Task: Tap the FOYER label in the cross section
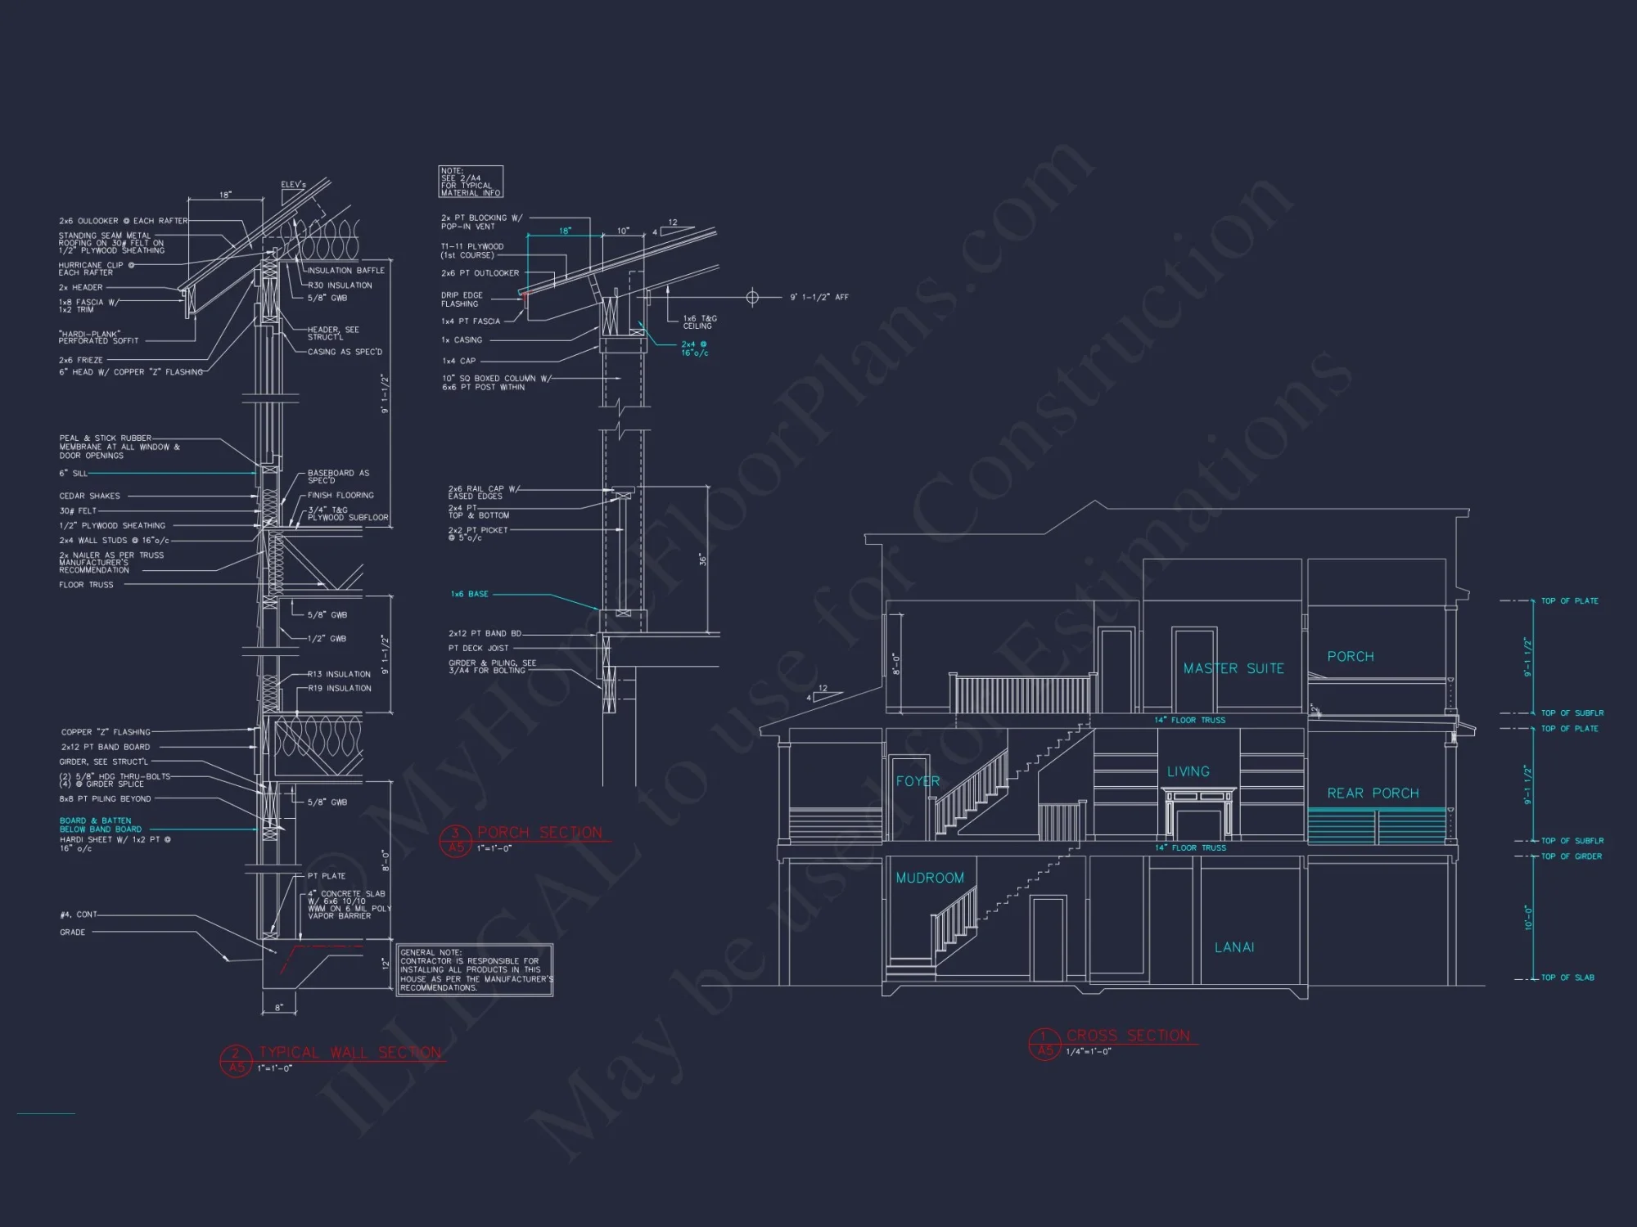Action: [x=918, y=781]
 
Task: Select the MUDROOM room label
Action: [x=930, y=878]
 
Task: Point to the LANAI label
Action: [x=1234, y=947]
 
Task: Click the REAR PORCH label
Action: [x=1373, y=793]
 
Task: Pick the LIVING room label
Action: [x=1188, y=771]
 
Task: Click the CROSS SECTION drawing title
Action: [x=1128, y=1036]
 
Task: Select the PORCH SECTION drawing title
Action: [x=539, y=833]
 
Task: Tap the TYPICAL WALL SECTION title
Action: [x=349, y=1053]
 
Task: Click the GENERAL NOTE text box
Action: [x=475, y=970]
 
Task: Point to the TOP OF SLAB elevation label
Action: [x=1567, y=978]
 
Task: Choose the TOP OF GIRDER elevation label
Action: [x=1571, y=856]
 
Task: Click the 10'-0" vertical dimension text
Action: [x=1528, y=917]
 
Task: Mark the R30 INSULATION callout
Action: [x=340, y=285]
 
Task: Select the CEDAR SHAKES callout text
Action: [x=89, y=496]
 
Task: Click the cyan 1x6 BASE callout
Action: [x=469, y=594]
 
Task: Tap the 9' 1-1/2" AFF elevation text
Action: [x=818, y=297]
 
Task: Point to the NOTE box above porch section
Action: [x=471, y=182]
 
